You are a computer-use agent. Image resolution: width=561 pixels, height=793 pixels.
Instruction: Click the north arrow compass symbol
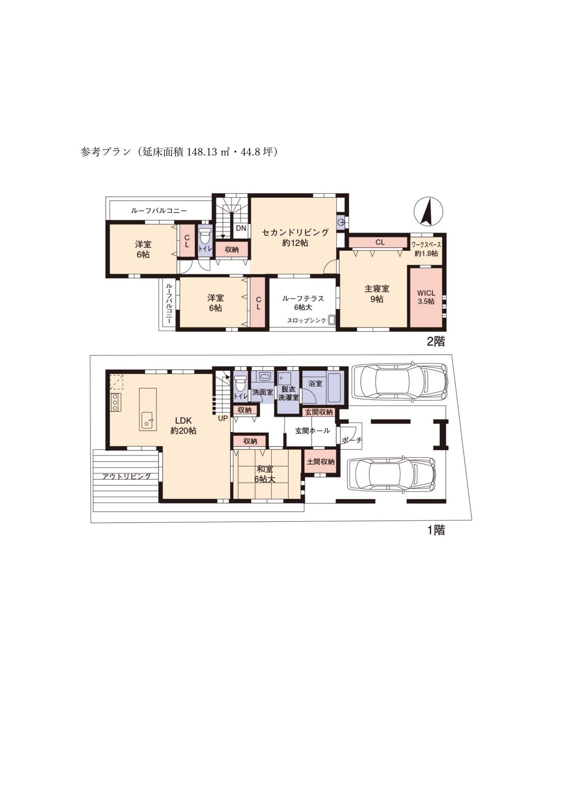click(x=428, y=211)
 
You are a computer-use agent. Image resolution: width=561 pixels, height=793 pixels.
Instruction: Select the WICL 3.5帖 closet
click(x=426, y=298)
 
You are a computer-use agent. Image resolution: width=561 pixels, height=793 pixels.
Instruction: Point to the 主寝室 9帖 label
click(x=377, y=294)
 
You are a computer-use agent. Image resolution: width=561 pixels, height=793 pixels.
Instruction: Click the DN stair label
click(x=241, y=228)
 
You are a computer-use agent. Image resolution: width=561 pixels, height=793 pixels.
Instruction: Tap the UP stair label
click(x=223, y=418)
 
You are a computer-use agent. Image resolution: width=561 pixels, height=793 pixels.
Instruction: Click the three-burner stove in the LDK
click(x=115, y=402)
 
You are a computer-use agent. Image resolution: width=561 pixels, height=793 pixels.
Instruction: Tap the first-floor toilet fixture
click(x=240, y=384)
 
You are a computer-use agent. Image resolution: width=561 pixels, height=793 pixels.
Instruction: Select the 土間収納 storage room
click(x=320, y=462)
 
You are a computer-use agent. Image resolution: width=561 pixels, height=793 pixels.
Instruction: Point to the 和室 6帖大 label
click(x=265, y=474)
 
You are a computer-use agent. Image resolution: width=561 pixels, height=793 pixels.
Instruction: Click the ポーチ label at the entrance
click(x=351, y=440)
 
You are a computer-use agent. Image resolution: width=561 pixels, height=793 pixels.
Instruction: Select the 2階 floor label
click(x=436, y=342)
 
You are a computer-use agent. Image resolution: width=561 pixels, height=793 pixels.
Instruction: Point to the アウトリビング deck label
click(x=126, y=476)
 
